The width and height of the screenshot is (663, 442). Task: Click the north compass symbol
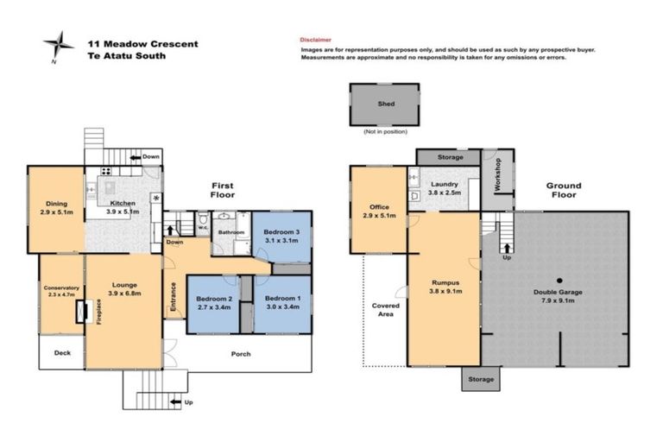(x=60, y=44)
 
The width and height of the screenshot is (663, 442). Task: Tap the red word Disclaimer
(x=315, y=40)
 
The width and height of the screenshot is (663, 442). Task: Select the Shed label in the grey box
(x=386, y=104)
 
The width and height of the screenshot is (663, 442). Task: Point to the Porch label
(x=240, y=354)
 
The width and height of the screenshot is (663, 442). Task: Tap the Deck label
(x=62, y=352)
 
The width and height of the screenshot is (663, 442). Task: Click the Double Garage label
(x=559, y=297)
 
